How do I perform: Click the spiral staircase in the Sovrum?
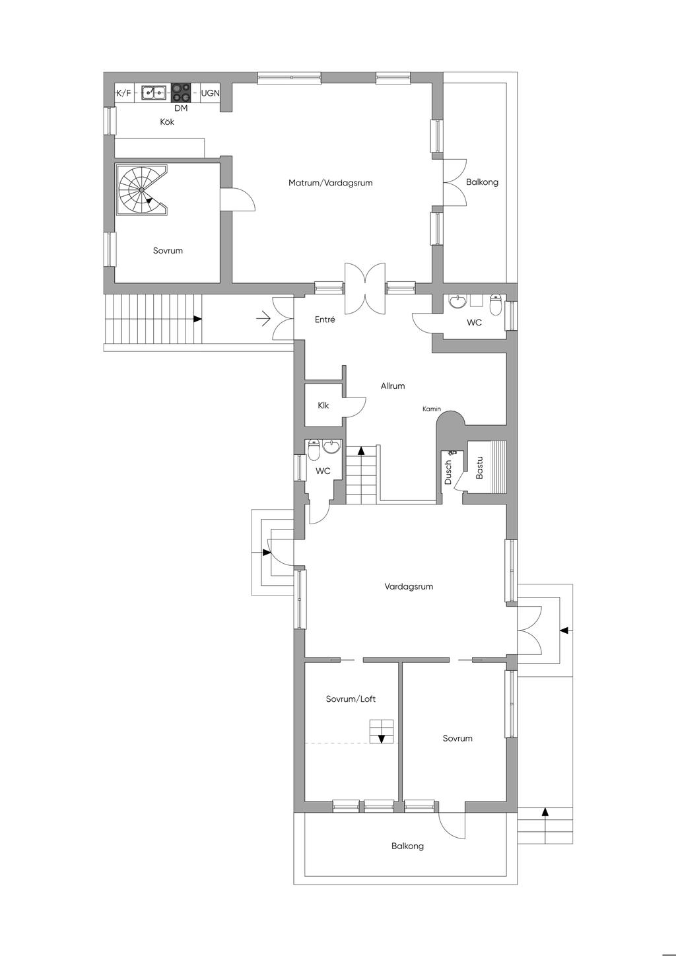tap(142, 189)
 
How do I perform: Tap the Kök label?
tap(167, 122)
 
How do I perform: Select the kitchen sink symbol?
tap(154, 92)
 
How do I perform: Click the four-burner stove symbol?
tap(182, 92)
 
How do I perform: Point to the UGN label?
tap(210, 93)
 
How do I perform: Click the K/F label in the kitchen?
tap(123, 93)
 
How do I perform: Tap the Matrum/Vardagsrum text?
tap(330, 183)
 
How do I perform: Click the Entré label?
tap(325, 320)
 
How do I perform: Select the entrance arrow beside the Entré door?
tap(263, 320)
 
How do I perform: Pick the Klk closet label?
tap(323, 405)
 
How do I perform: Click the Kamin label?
tap(432, 409)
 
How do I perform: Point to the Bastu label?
tap(480, 467)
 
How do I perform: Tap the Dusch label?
tap(448, 473)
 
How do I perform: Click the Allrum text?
tap(393, 386)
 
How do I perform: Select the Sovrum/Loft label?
tap(351, 699)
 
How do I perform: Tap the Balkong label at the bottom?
tap(407, 846)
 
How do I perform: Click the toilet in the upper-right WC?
tap(496, 306)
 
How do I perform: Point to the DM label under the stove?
tap(181, 108)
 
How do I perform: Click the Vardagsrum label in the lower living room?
tap(409, 586)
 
